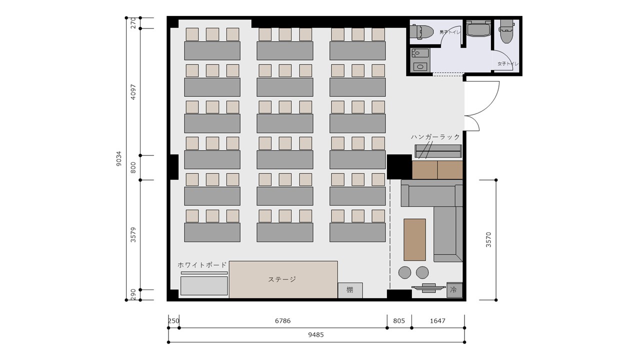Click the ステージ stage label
[x=281, y=279]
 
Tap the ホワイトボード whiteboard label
[x=202, y=265]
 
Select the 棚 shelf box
[x=350, y=290]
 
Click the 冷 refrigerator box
[x=454, y=290]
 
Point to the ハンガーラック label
[x=435, y=137]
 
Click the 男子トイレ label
[x=450, y=32]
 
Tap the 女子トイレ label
[x=508, y=63]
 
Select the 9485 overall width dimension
[x=316, y=335]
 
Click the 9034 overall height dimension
[x=119, y=159]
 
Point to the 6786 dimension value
[x=283, y=321]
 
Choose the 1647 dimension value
[x=437, y=321]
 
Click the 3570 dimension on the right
[x=488, y=239]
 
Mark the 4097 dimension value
[x=133, y=92]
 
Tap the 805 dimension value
[x=399, y=321]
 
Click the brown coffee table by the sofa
[x=414, y=239]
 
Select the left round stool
[x=404, y=272]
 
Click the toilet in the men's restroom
[x=422, y=31]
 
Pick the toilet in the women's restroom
[x=507, y=31]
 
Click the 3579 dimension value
[x=133, y=235]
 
